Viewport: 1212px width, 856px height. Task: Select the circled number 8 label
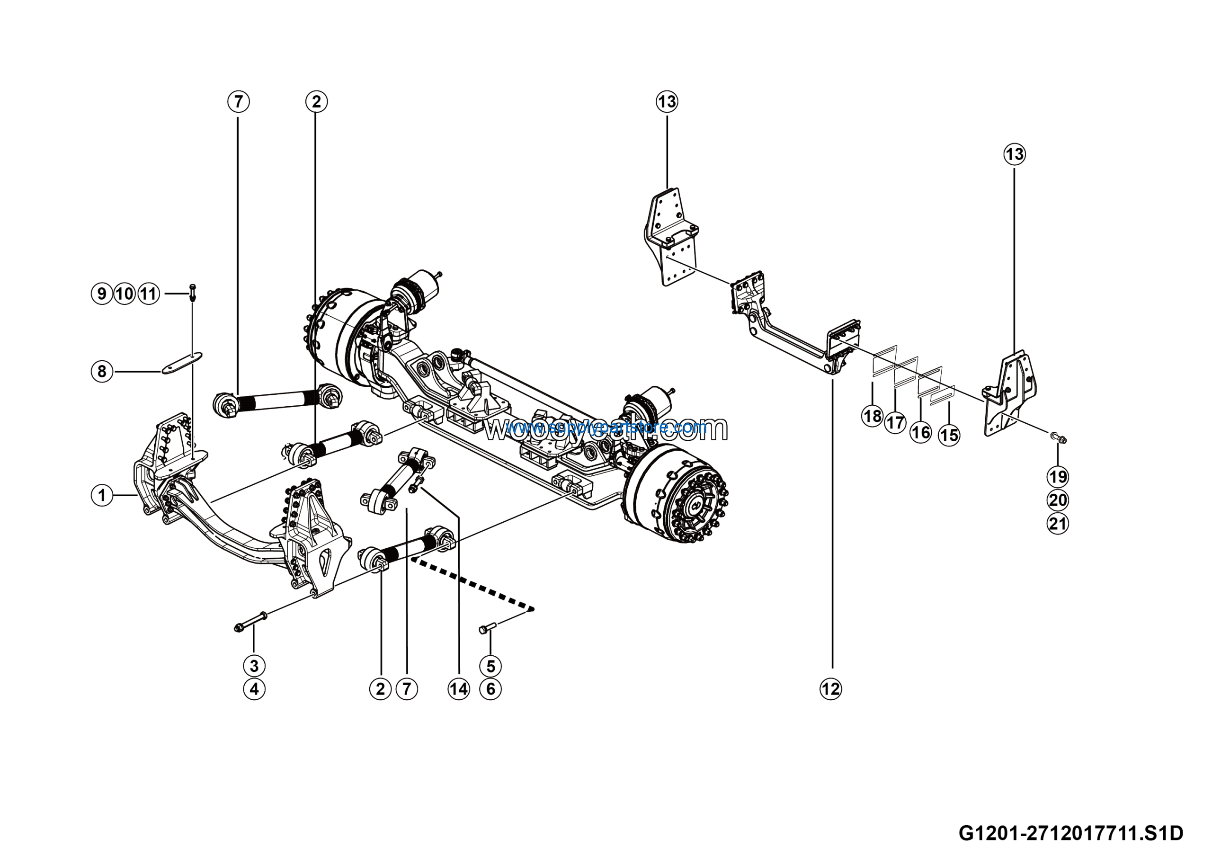click(102, 372)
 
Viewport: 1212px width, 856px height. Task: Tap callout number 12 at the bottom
click(830, 689)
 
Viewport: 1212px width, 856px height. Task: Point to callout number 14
click(459, 689)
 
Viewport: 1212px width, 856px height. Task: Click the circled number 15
click(949, 436)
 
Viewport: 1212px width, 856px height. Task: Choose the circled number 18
click(872, 416)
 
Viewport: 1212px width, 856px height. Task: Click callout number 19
click(1058, 477)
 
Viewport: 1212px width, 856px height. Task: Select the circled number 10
click(125, 294)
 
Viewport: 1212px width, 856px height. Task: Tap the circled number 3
click(254, 666)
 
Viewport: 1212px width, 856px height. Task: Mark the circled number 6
click(490, 689)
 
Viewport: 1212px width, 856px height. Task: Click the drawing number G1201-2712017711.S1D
click(1070, 833)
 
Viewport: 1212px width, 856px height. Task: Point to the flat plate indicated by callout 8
click(182, 363)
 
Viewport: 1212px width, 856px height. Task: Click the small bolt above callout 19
click(1058, 437)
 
